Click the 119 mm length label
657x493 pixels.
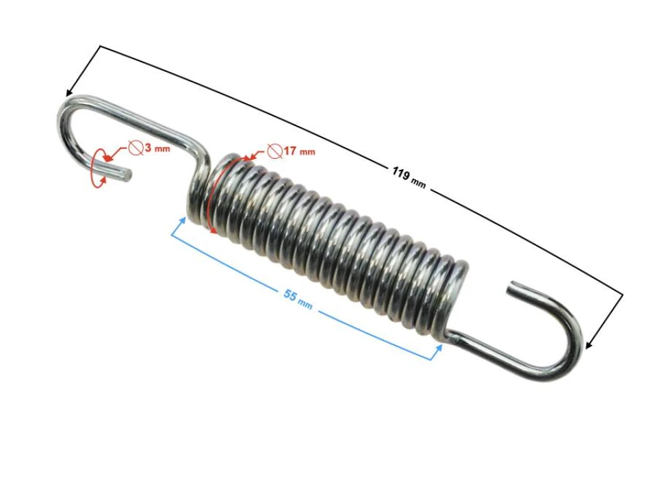click(409, 177)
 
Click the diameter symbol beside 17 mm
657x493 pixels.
click(275, 151)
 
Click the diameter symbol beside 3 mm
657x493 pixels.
click(136, 148)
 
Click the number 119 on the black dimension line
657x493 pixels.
click(401, 173)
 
